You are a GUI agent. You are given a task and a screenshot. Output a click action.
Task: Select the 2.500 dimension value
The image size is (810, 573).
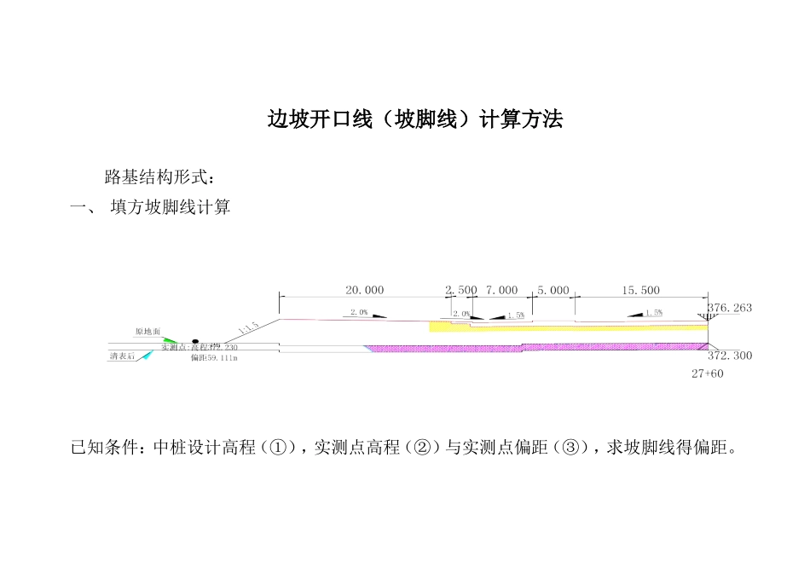[x=461, y=291]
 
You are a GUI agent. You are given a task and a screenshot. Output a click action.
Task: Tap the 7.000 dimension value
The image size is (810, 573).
[x=501, y=291]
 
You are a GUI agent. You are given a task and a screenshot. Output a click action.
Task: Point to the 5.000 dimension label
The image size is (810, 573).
[x=553, y=291]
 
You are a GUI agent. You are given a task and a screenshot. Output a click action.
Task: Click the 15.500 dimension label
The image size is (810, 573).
[x=641, y=291]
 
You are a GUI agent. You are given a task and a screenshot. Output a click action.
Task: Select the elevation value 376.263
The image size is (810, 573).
[x=730, y=308]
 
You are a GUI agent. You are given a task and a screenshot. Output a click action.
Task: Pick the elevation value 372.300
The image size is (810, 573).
[x=730, y=356]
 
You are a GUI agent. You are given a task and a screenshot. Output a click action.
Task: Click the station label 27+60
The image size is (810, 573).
[x=708, y=373]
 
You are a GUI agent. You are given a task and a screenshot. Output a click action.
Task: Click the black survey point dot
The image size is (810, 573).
[x=194, y=340]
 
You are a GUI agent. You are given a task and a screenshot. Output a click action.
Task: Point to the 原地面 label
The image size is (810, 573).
[x=148, y=331]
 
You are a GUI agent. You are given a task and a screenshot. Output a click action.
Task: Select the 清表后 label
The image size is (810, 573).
[x=121, y=356]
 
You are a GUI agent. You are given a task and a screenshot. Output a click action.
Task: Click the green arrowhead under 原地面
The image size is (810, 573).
[x=171, y=340]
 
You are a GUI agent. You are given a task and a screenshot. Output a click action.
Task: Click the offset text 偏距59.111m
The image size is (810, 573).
[x=214, y=359]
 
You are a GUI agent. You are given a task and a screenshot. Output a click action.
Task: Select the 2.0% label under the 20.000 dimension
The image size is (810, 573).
[x=359, y=313]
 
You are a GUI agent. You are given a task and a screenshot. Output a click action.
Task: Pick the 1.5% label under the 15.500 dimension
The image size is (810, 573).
[x=653, y=313]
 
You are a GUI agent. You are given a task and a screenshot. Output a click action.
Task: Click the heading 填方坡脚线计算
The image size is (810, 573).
[x=171, y=207]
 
